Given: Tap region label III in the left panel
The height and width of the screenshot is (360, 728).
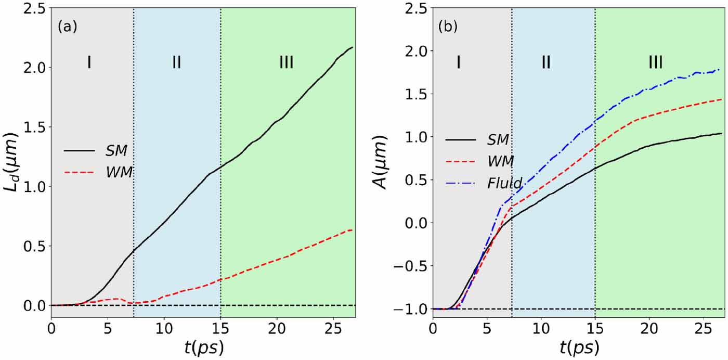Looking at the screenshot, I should coord(286,62).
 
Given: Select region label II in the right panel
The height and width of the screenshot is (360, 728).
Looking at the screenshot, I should coord(545,62).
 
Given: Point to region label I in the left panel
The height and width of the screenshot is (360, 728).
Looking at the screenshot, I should coord(89,62).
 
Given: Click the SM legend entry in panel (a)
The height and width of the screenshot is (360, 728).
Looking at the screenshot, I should coord(116,150).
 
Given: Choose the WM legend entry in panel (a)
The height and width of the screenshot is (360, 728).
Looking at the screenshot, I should coord(117,172).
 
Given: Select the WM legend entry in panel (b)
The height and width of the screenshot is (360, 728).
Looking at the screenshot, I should coord(499,161).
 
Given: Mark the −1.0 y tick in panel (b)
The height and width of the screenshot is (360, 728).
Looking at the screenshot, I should coord(408,310).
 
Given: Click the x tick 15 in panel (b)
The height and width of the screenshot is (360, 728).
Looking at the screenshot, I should coord(595,328).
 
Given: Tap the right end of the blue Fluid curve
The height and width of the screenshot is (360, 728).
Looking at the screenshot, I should coord(720,69).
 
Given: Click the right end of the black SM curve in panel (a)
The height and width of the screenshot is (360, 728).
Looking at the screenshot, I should coord(352,47).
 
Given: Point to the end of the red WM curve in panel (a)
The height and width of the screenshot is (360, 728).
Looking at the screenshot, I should coord(352,230).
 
